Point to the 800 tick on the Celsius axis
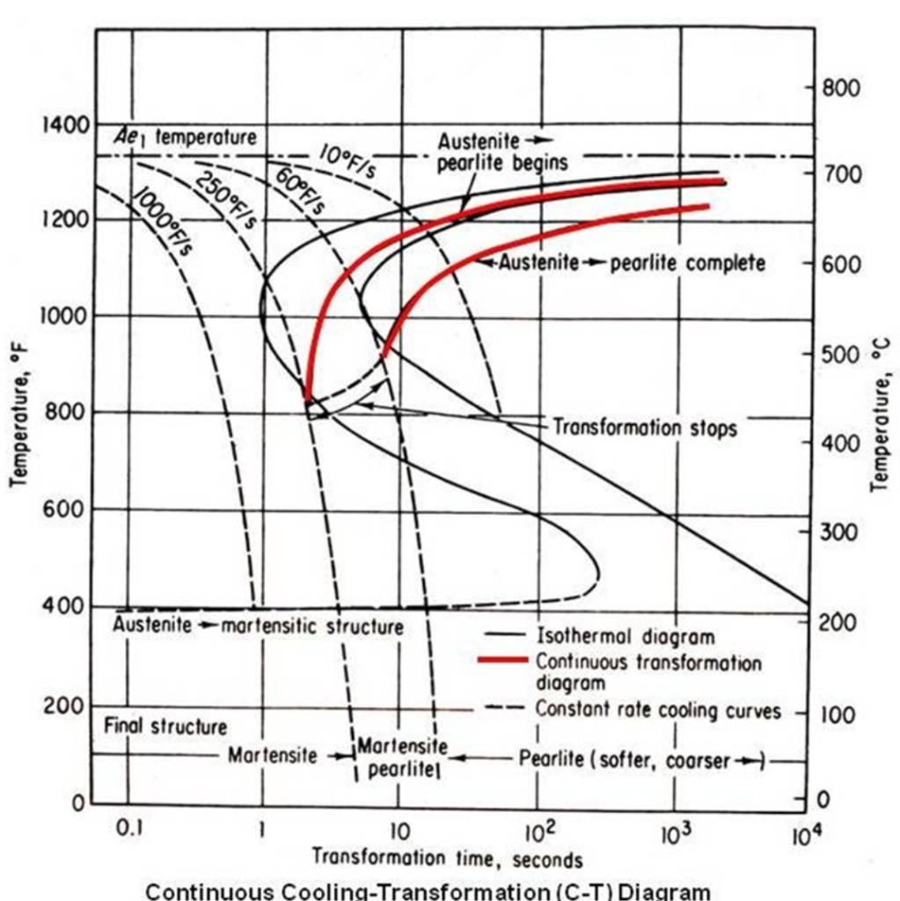(x=841, y=88)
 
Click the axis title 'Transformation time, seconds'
(x=447, y=858)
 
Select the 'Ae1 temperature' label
(x=184, y=137)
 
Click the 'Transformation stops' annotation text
(x=644, y=428)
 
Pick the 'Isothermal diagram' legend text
(x=626, y=635)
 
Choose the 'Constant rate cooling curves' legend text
(x=658, y=711)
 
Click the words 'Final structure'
(x=165, y=726)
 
